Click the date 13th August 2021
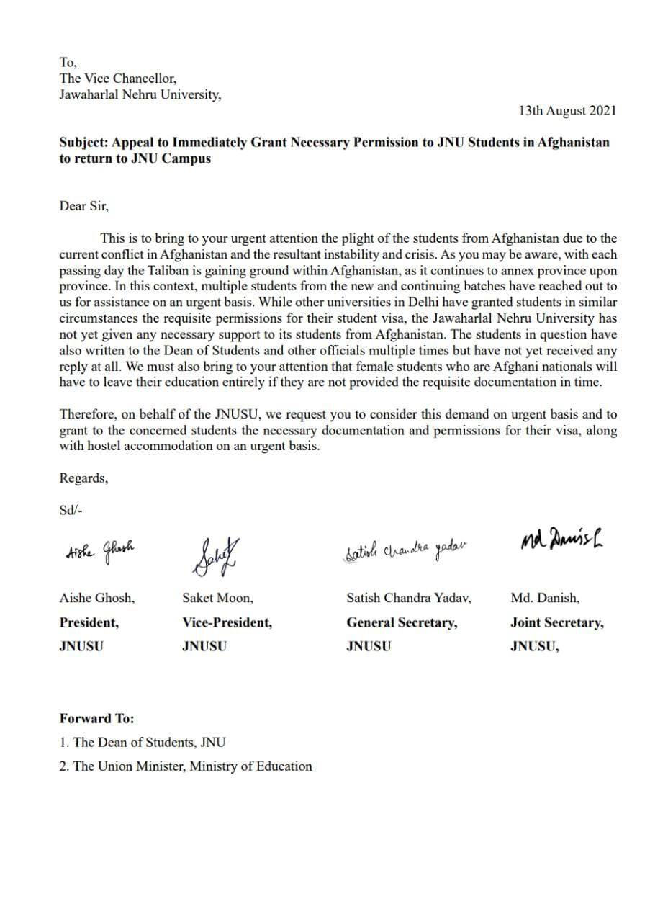(567, 111)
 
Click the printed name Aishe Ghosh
(96, 598)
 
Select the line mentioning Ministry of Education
(186, 766)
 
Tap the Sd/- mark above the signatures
(71, 509)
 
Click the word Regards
(83, 478)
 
